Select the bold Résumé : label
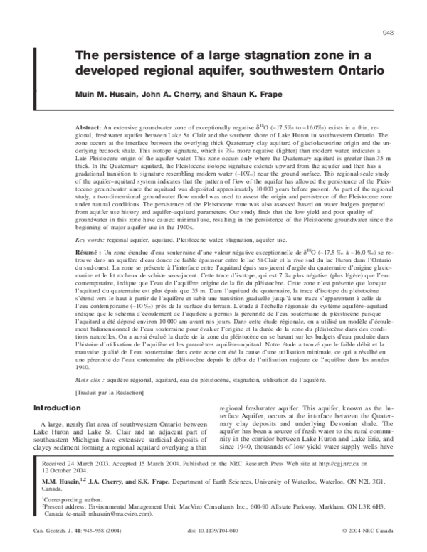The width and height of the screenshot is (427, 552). [90, 253]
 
